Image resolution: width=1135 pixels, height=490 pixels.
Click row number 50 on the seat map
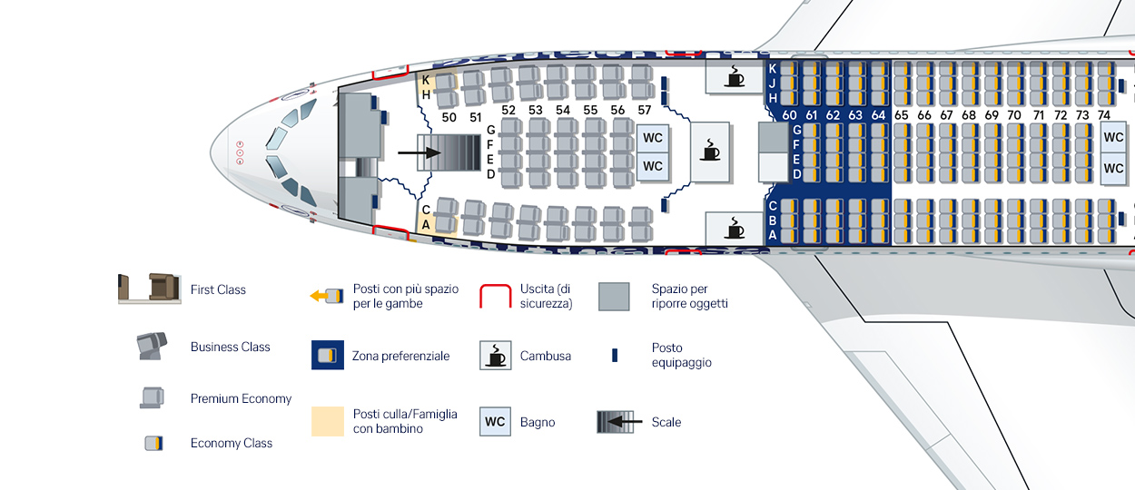point(449,117)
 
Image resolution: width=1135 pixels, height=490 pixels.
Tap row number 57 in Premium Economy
point(645,111)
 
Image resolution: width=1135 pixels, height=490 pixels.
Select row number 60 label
point(789,115)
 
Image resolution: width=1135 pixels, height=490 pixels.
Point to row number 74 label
point(1104,115)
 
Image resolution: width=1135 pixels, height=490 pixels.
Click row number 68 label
point(969,115)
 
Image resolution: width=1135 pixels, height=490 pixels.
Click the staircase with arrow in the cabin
point(449,153)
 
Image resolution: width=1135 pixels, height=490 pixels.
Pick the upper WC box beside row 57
point(653,138)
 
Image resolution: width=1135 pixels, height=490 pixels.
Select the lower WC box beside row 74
point(1113,169)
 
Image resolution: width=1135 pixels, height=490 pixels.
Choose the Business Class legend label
point(230,347)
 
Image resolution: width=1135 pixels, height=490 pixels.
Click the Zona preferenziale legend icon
point(327,356)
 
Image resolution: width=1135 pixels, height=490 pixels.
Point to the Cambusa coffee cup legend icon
point(496,356)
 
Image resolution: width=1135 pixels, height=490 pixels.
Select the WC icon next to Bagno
point(495,422)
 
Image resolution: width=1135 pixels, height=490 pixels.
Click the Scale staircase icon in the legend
point(614,422)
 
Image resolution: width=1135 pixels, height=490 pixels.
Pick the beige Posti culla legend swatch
point(327,421)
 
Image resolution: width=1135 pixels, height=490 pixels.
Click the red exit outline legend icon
point(495,296)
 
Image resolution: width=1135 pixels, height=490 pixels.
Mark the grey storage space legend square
point(614,296)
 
